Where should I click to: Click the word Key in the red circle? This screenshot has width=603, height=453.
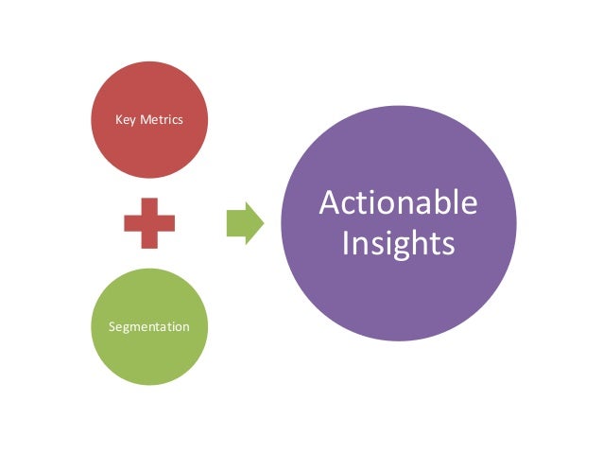pos(125,119)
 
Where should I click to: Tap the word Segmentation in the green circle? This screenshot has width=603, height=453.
pos(148,326)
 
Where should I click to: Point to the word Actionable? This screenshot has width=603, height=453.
pos(398,204)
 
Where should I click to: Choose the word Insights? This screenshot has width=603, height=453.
pos(398,244)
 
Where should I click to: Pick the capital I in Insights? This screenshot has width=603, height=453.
pos(346,243)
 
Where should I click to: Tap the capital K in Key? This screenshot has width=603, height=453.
pos(118,119)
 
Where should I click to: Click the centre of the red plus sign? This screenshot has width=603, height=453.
pos(149,223)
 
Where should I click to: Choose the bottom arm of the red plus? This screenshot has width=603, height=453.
pos(149,240)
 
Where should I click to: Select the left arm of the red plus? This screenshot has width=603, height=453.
pos(131,223)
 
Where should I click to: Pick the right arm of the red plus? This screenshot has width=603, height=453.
pos(167,223)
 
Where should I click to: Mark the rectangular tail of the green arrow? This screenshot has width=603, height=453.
pos(236,223)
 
